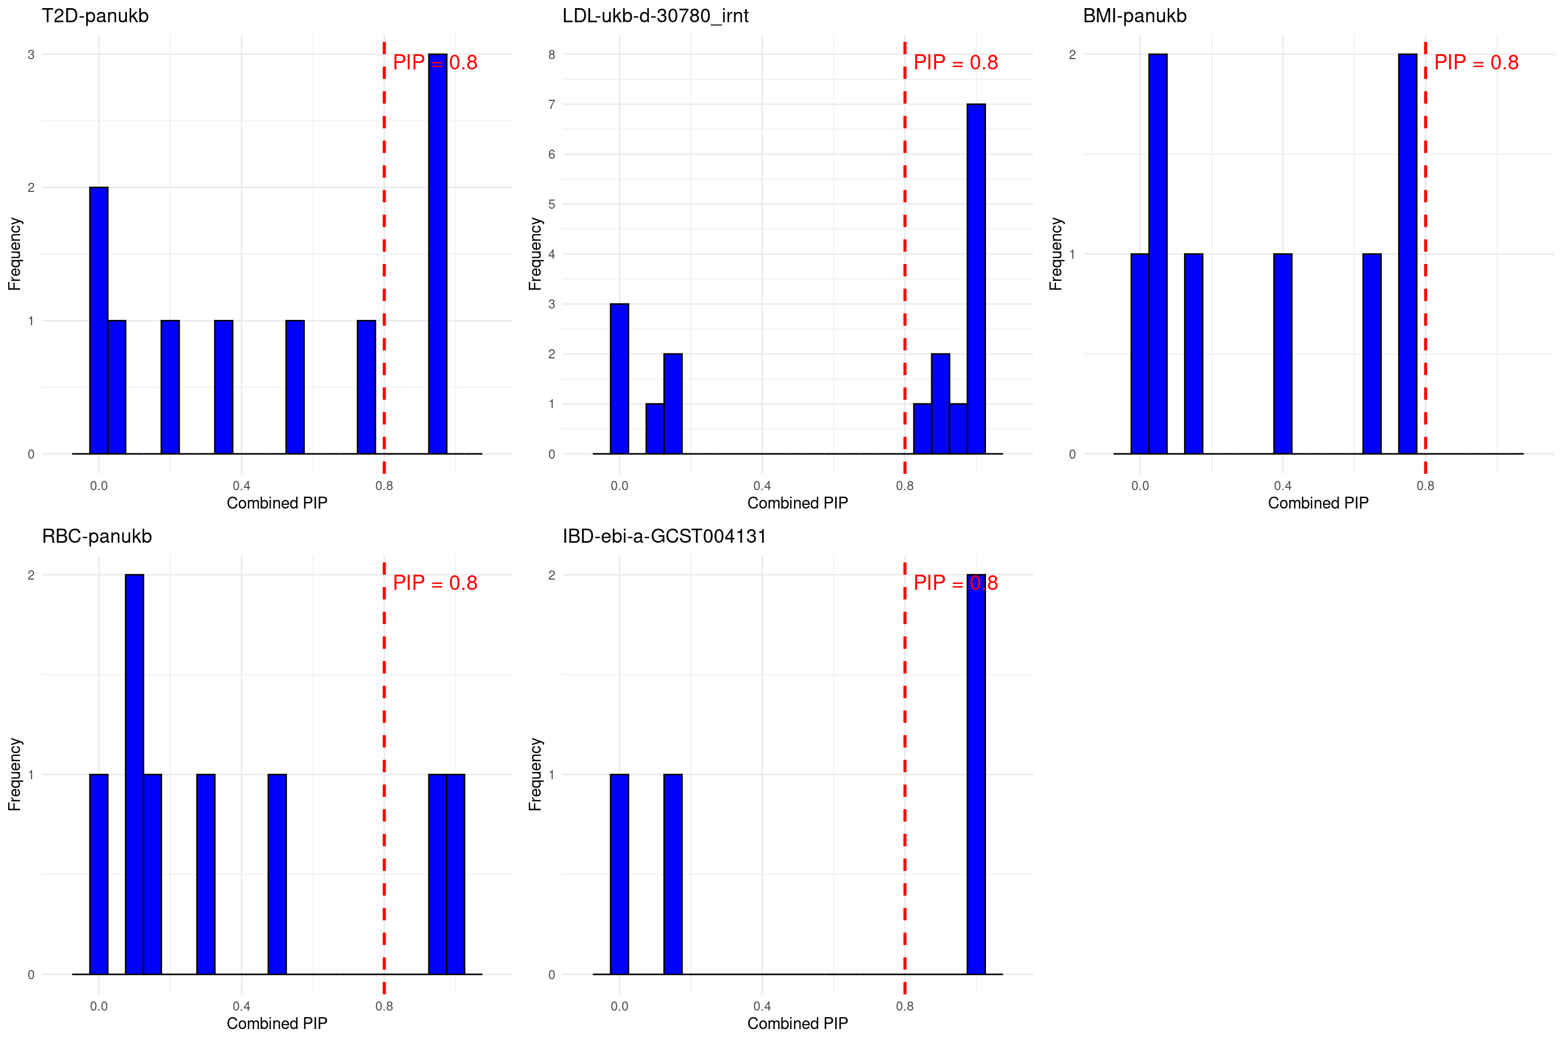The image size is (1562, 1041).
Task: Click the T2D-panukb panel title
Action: tap(95, 16)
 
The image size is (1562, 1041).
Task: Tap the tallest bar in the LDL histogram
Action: tap(976, 279)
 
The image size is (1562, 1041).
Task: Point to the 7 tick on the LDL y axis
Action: tap(551, 104)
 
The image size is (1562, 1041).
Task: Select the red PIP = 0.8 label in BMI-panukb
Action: tap(1476, 62)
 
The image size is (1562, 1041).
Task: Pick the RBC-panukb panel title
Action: tap(97, 536)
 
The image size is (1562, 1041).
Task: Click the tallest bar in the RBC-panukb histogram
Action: tap(134, 774)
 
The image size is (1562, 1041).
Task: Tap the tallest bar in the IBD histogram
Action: tap(976, 774)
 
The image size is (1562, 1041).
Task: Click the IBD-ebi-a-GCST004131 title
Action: tap(664, 536)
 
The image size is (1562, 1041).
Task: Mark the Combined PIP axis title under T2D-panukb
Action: tap(277, 503)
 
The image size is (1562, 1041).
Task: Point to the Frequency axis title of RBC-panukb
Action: tap(15, 774)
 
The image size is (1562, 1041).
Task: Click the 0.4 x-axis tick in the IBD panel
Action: tap(761, 1006)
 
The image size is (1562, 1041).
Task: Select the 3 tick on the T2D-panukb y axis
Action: tap(30, 54)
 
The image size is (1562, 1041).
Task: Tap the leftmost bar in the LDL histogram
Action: tap(619, 378)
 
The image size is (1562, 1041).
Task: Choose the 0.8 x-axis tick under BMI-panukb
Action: tap(1425, 486)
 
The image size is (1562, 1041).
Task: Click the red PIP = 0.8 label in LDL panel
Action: tap(955, 62)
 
